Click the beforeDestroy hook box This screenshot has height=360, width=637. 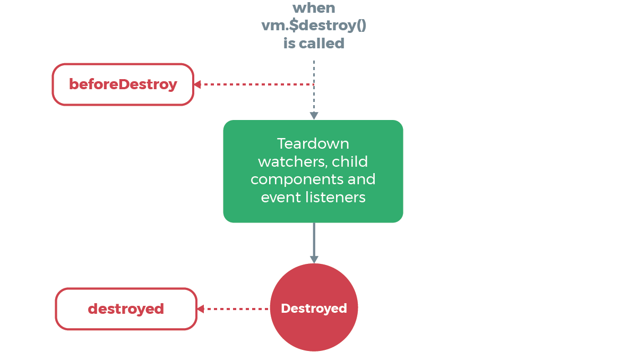point(123,84)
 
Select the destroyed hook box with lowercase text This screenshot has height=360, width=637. point(126,309)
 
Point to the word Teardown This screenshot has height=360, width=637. point(313,143)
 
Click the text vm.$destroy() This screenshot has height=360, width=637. point(314,25)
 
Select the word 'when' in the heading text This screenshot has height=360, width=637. point(314,8)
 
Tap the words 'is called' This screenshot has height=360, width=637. point(314,43)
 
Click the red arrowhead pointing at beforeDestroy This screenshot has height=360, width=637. point(197,84)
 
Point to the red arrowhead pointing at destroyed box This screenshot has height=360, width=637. point(200,309)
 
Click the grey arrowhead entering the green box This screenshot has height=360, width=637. point(314,116)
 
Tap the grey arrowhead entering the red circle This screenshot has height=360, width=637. point(314,259)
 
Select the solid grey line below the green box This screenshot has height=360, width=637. point(314,239)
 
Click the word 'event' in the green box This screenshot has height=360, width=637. point(277,197)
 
